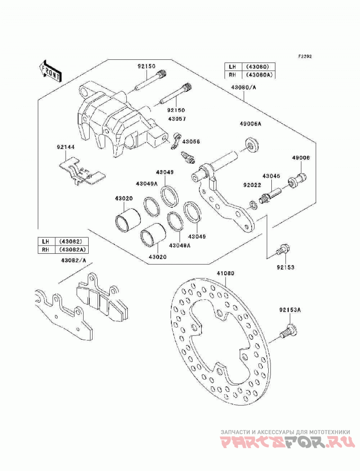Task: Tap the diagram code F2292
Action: tap(305, 56)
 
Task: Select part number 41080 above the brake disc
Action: tap(225, 274)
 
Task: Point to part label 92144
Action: tap(66, 147)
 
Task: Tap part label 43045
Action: tap(271, 176)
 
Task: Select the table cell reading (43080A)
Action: tap(258, 75)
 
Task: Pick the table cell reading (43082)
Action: tap(70, 242)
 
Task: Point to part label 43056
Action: tap(191, 142)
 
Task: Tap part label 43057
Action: tap(177, 119)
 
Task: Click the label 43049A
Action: tap(146, 183)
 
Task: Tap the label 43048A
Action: tap(180, 246)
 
